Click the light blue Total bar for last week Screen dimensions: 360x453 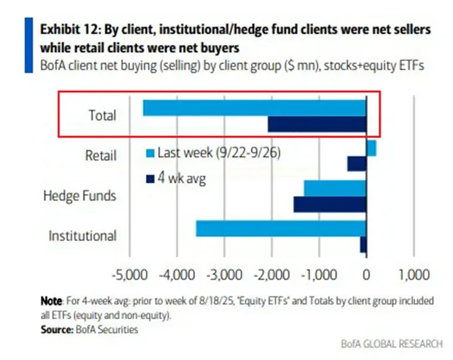click(x=255, y=107)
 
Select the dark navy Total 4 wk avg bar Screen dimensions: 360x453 click(x=317, y=124)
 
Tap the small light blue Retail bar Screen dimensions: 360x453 click(x=371, y=148)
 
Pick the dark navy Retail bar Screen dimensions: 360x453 click(x=357, y=164)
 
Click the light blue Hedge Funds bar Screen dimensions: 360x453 click(x=335, y=188)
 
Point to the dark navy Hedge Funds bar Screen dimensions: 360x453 click(x=330, y=204)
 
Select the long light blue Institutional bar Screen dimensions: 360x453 click(x=281, y=229)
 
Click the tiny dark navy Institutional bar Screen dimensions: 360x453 click(x=363, y=244)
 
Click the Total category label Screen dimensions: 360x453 click(x=101, y=115)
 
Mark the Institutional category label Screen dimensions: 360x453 click(x=82, y=235)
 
